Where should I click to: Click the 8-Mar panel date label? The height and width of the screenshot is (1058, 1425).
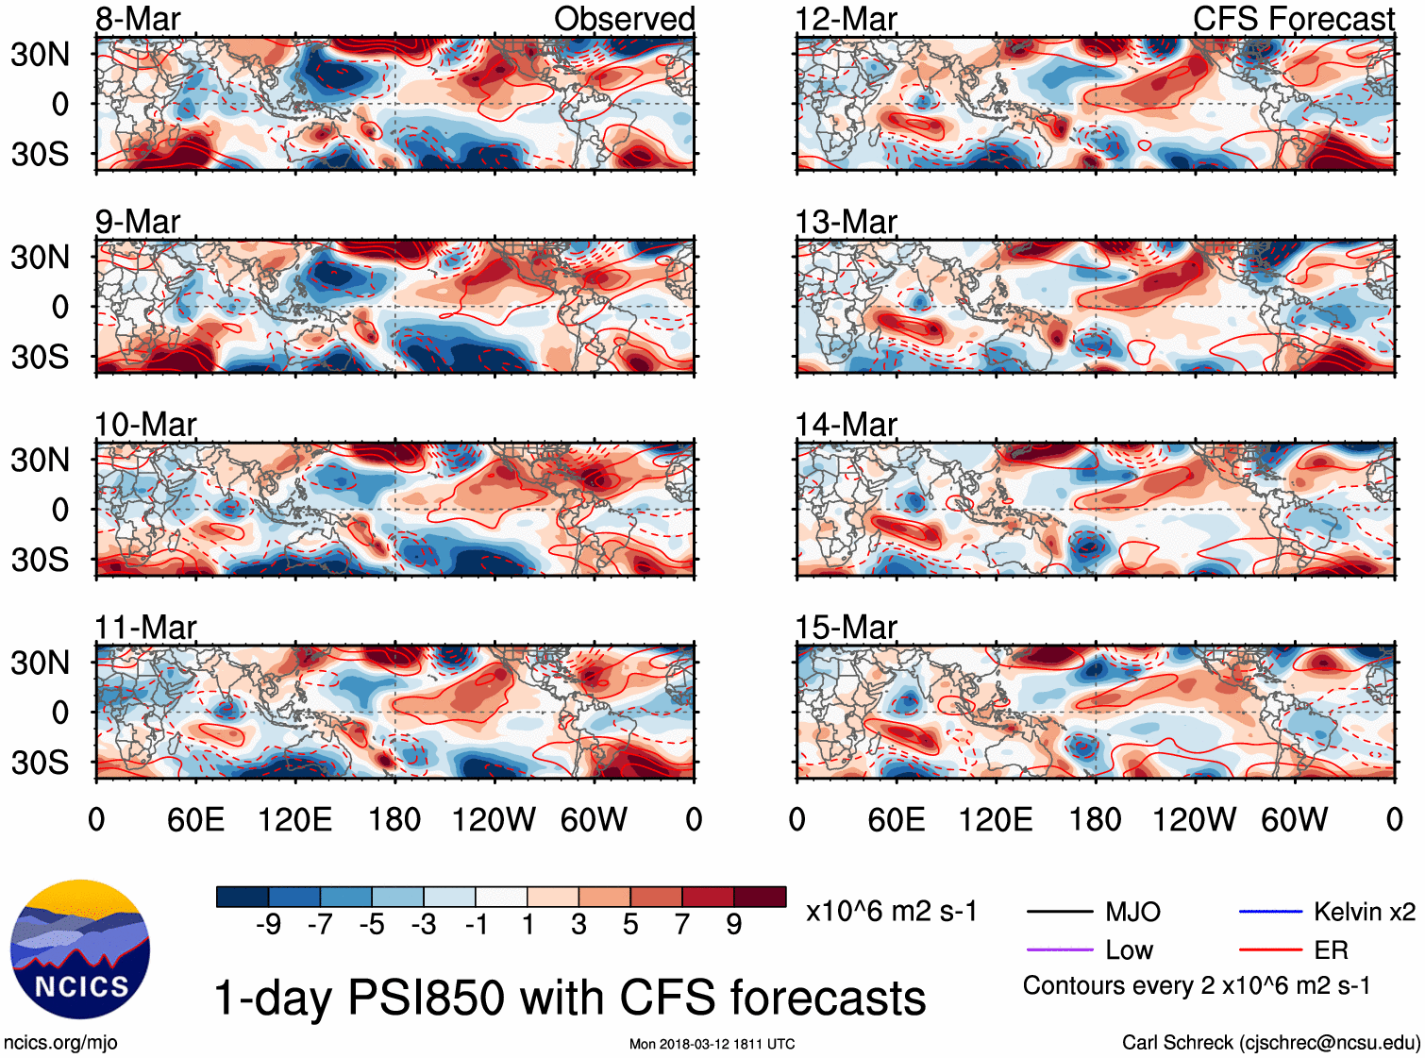[x=138, y=19]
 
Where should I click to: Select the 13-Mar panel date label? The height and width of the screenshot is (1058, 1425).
[x=846, y=222]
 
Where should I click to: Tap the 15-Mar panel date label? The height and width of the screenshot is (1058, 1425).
[x=846, y=628]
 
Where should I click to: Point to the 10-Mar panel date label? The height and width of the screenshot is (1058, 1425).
[x=145, y=425]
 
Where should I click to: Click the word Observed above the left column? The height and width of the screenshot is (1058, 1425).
[x=624, y=19]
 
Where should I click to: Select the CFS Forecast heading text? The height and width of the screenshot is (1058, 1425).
[x=1293, y=19]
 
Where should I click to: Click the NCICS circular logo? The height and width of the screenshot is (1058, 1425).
[x=80, y=949]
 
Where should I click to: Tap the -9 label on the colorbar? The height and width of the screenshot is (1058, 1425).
[x=268, y=925]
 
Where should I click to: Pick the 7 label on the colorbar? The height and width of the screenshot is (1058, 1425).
[x=682, y=925]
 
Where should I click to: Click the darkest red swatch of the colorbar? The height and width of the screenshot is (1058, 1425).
[x=760, y=897]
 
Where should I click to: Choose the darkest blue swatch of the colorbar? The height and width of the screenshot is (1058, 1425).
[x=243, y=897]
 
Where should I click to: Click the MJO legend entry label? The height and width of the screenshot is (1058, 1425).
[x=1132, y=912]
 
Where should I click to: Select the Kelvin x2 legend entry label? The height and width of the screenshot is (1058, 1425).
[x=1364, y=912]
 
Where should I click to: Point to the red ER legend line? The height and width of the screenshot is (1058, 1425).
[x=1270, y=949]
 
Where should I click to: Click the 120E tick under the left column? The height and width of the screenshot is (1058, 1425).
[x=294, y=819]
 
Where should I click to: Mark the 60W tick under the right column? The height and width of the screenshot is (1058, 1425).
[x=1294, y=819]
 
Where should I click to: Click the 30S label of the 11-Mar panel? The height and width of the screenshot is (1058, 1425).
[x=41, y=762]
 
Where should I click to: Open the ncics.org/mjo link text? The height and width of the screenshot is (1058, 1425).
[x=60, y=1043]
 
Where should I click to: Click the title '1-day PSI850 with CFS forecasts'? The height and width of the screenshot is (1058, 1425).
[x=570, y=998]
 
